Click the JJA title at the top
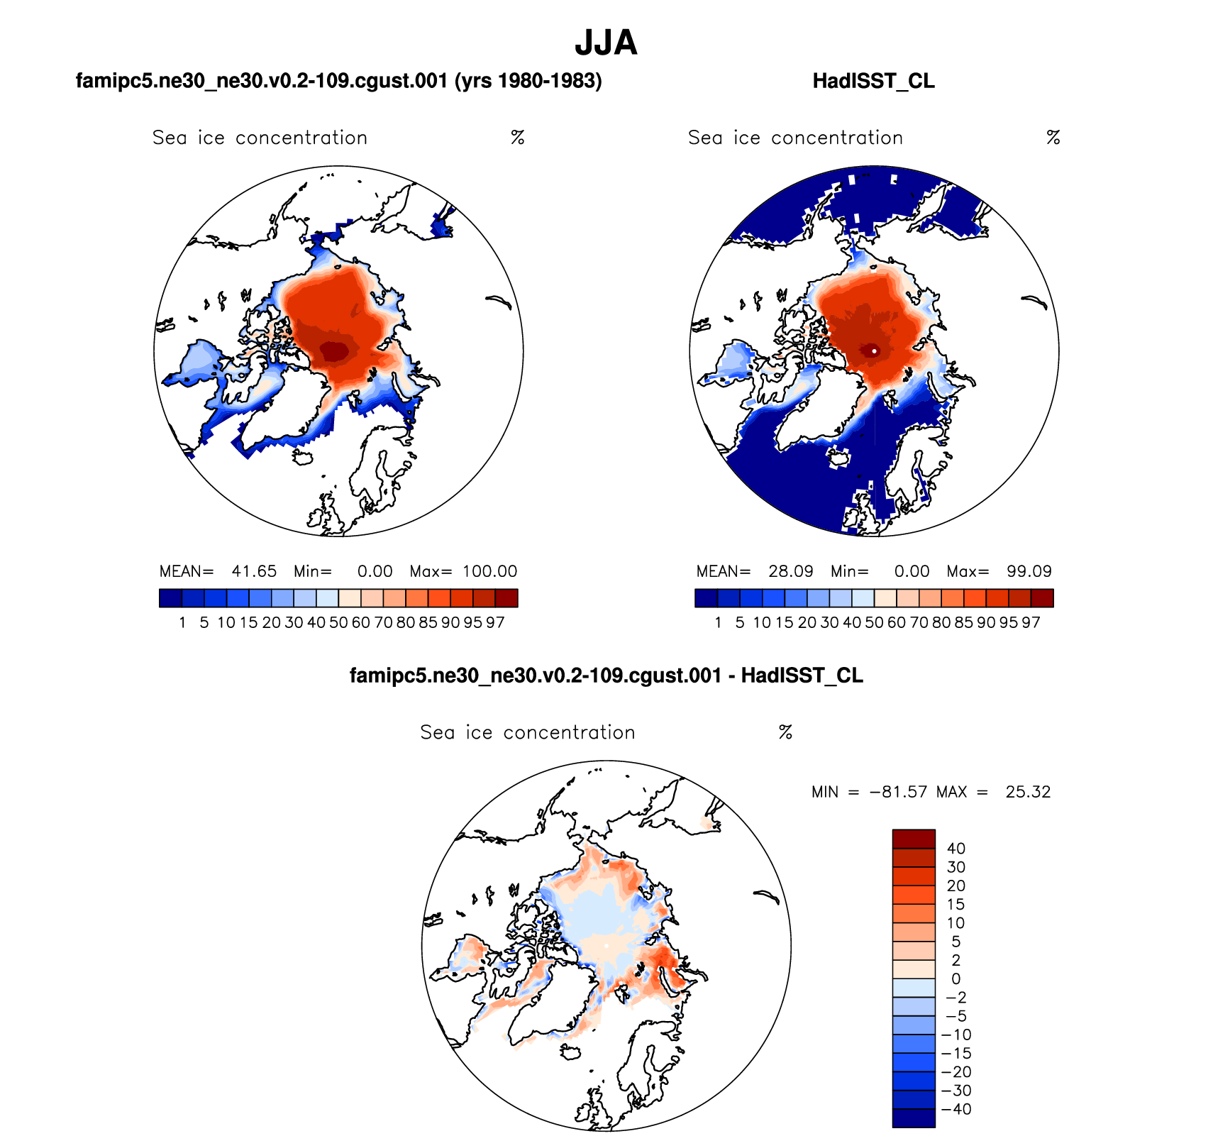[x=606, y=43]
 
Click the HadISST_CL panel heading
[x=873, y=81]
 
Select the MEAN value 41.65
[x=254, y=571]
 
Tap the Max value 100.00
[x=489, y=571]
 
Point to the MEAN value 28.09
[x=790, y=571]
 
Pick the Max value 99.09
[x=1029, y=571]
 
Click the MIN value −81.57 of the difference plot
[x=898, y=792]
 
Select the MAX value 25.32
[x=1028, y=792]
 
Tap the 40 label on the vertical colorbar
[x=956, y=849]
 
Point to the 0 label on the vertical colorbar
[x=956, y=979]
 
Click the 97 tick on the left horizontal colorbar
[x=495, y=623]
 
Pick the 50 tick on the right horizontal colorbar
[x=874, y=623]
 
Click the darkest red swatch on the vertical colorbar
[x=914, y=839]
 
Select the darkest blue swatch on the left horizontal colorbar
[x=170, y=598]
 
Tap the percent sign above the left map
[x=518, y=138]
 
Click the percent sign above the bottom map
[x=785, y=732]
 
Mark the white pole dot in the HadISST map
[x=875, y=351]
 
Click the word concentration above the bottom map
[x=569, y=732]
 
